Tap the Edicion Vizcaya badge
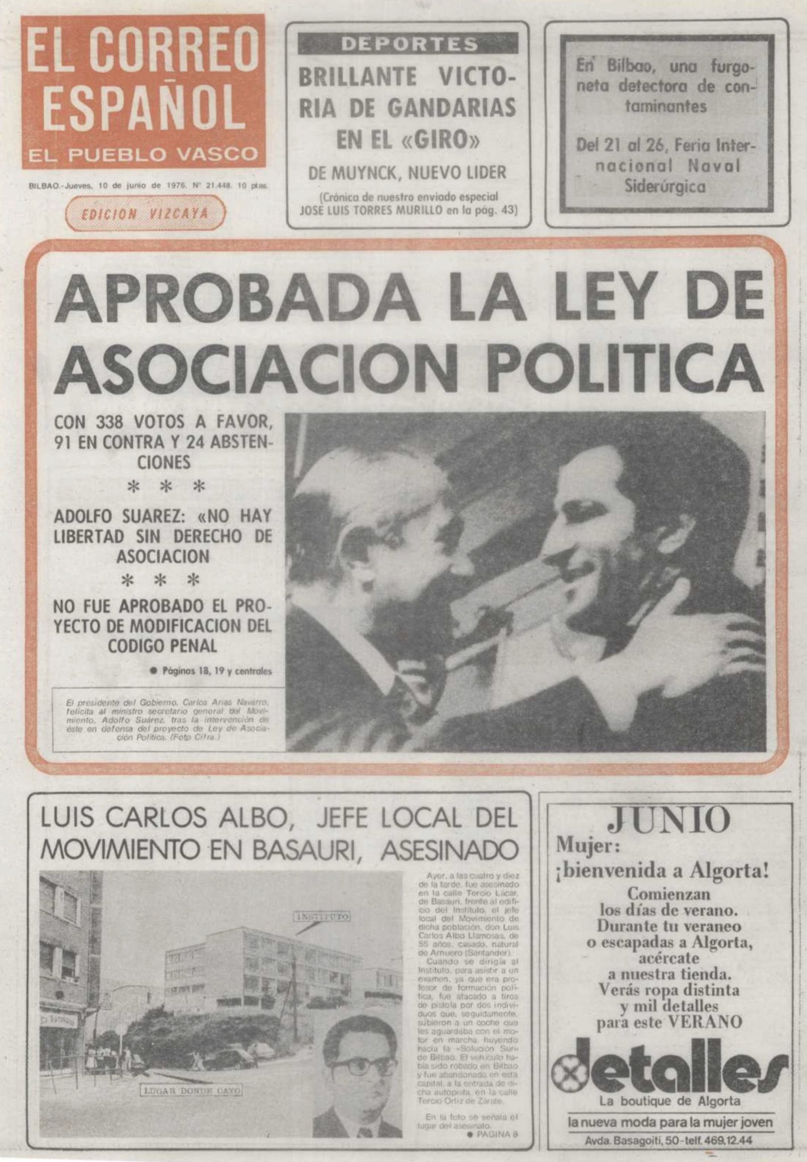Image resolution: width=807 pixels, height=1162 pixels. coord(145,213)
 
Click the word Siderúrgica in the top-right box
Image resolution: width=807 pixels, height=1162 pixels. coord(665,186)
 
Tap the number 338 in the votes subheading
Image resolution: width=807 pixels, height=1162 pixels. coord(114,423)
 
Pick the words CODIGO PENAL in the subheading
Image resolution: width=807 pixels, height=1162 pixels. coord(162,646)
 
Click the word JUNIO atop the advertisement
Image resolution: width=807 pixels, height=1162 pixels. coord(668,819)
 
